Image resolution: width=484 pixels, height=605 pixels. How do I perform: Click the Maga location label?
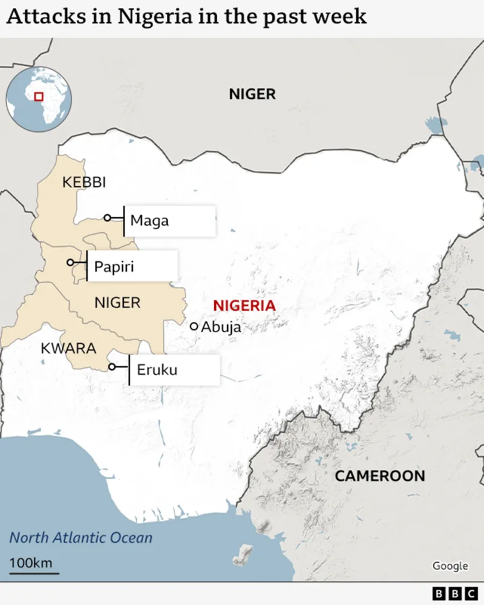coord(149,221)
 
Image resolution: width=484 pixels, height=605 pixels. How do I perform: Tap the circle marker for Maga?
coord(107,218)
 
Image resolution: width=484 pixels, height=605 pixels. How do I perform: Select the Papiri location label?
coord(114,266)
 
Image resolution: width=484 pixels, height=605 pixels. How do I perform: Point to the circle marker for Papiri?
coord(70,263)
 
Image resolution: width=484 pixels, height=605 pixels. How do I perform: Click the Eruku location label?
coord(157,370)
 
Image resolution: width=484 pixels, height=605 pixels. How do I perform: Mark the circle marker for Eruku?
coord(112,367)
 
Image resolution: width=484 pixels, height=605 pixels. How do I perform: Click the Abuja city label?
coord(221,327)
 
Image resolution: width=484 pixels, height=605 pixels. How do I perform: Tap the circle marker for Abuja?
coord(194,326)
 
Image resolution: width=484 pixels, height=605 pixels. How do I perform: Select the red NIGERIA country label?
coord(244,306)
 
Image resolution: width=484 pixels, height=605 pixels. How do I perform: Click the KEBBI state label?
coord(84,182)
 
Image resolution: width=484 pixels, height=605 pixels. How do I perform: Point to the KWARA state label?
coord(68,348)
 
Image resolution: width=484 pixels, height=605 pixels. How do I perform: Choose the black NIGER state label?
coord(117,302)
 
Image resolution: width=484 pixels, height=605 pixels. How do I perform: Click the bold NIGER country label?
coord(252,94)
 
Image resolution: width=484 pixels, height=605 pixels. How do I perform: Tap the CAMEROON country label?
coord(380,476)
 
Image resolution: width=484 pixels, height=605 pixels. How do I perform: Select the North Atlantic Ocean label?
coord(80,538)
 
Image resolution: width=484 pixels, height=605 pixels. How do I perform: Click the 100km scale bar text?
coord(30,563)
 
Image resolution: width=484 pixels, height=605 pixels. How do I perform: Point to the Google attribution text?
coord(450,566)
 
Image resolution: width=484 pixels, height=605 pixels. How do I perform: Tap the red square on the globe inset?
coord(39,97)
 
